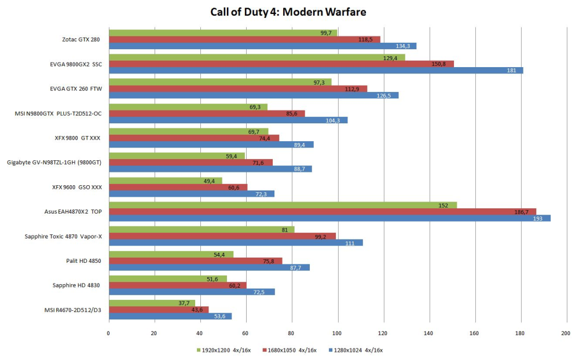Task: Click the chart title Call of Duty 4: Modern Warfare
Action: tap(288, 12)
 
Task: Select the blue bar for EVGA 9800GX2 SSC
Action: tap(316, 71)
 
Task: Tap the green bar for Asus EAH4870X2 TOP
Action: tap(283, 205)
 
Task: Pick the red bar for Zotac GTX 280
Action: tap(244, 39)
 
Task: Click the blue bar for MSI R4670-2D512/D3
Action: tap(170, 316)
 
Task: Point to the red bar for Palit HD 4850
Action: tap(195, 260)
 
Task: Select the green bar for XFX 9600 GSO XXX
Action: tap(165, 181)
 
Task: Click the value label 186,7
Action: tap(522, 212)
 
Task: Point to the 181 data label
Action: tap(510, 71)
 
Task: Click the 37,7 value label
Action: tap(185, 303)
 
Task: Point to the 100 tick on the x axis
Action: tap(337, 333)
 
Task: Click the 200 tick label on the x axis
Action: tap(566, 333)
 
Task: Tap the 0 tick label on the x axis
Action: tap(108, 333)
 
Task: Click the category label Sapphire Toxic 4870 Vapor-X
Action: tap(63, 236)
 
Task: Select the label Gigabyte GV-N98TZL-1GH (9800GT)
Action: tap(54, 163)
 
